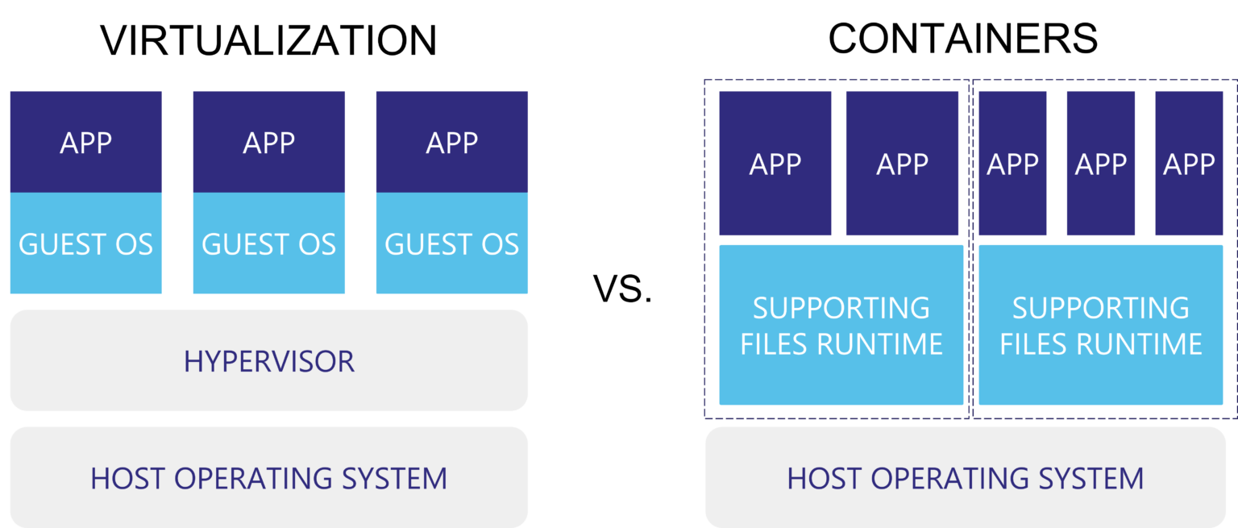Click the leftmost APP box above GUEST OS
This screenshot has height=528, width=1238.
[85, 142]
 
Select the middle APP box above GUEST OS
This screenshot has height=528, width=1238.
[268, 142]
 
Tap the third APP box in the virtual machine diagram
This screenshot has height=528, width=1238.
[451, 142]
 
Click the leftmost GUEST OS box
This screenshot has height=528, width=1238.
[85, 243]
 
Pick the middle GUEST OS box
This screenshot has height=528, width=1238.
[268, 243]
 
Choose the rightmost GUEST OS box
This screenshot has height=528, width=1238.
[451, 243]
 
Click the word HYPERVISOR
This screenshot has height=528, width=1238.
[268, 361]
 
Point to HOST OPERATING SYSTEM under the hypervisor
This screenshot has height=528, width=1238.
[268, 478]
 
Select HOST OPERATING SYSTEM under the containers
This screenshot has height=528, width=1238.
[965, 478]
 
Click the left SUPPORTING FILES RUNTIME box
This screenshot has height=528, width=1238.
[841, 325]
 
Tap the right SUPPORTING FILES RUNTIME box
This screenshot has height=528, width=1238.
[1100, 325]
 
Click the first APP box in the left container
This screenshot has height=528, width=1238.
[775, 164]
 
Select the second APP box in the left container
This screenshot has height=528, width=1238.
[902, 164]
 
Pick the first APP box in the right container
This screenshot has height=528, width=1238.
[1012, 164]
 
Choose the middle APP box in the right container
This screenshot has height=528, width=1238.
[1100, 164]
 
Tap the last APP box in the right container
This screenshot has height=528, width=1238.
[1189, 164]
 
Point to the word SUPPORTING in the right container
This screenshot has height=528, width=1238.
[1100, 308]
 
